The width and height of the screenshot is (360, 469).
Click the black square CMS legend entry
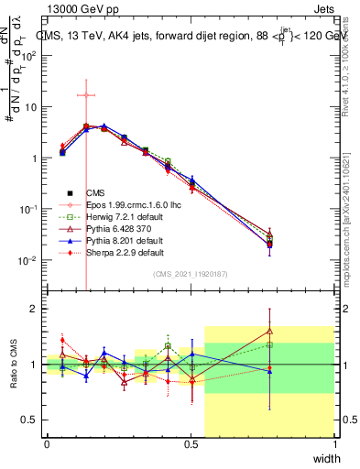click(x=95, y=192)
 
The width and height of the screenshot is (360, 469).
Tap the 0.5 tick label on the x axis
click(x=191, y=445)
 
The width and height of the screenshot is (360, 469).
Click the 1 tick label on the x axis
click(x=334, y=445)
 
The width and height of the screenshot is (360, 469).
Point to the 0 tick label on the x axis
click(x=47, y=445)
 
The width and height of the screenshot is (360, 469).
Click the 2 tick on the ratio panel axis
click(x=36, y=309)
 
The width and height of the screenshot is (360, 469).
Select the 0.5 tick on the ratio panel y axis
click(x=31, y=420)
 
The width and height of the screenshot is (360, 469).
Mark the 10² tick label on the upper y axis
click(x=30, y=55)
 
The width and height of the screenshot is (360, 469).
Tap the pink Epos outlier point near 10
click(x=86, y=94)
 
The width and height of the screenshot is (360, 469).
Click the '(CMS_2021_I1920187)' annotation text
click(x=191, y=274)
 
